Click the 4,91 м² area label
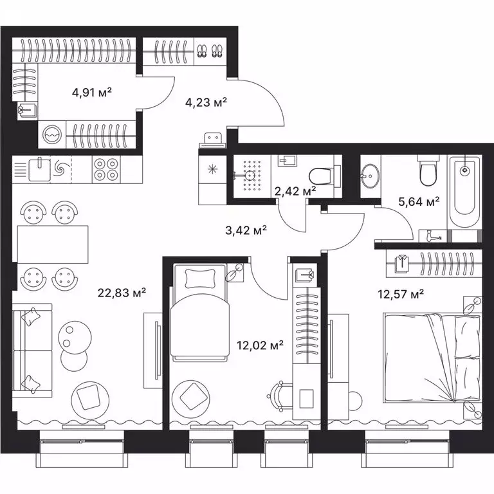(x=92, y=92)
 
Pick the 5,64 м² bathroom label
(x=419, y=201)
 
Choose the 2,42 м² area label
(x=295, y=190)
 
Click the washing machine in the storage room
(x=51, y=135)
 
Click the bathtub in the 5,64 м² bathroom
(x=464, y=192)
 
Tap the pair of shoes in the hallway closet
(x=208, y=50)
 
